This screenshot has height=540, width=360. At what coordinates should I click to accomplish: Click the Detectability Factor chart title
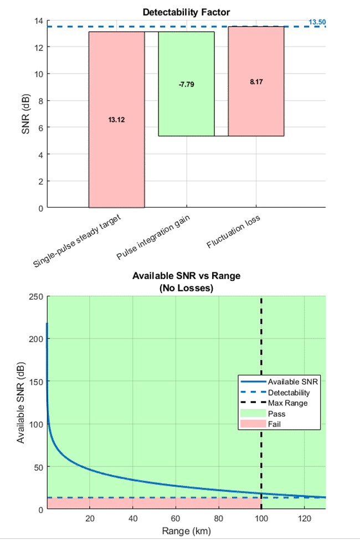point(186,12)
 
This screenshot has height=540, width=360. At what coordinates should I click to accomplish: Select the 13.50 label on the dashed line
point(317,22)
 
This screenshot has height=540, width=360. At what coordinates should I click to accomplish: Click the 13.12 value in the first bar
point(116,120)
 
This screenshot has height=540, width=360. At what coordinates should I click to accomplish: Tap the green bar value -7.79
point(186,84)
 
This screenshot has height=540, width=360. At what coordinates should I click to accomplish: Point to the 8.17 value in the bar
point(256,82)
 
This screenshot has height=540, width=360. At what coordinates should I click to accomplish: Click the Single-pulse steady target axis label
point(78,241)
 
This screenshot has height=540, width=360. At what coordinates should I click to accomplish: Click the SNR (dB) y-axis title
point(24,114)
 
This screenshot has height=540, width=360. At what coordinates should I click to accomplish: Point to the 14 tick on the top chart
point(39,20)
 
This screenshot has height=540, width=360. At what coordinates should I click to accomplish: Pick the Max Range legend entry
point(287,403)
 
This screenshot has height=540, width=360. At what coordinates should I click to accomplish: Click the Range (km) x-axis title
point(186,531)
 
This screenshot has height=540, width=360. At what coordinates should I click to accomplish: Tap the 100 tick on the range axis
point(261,518)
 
